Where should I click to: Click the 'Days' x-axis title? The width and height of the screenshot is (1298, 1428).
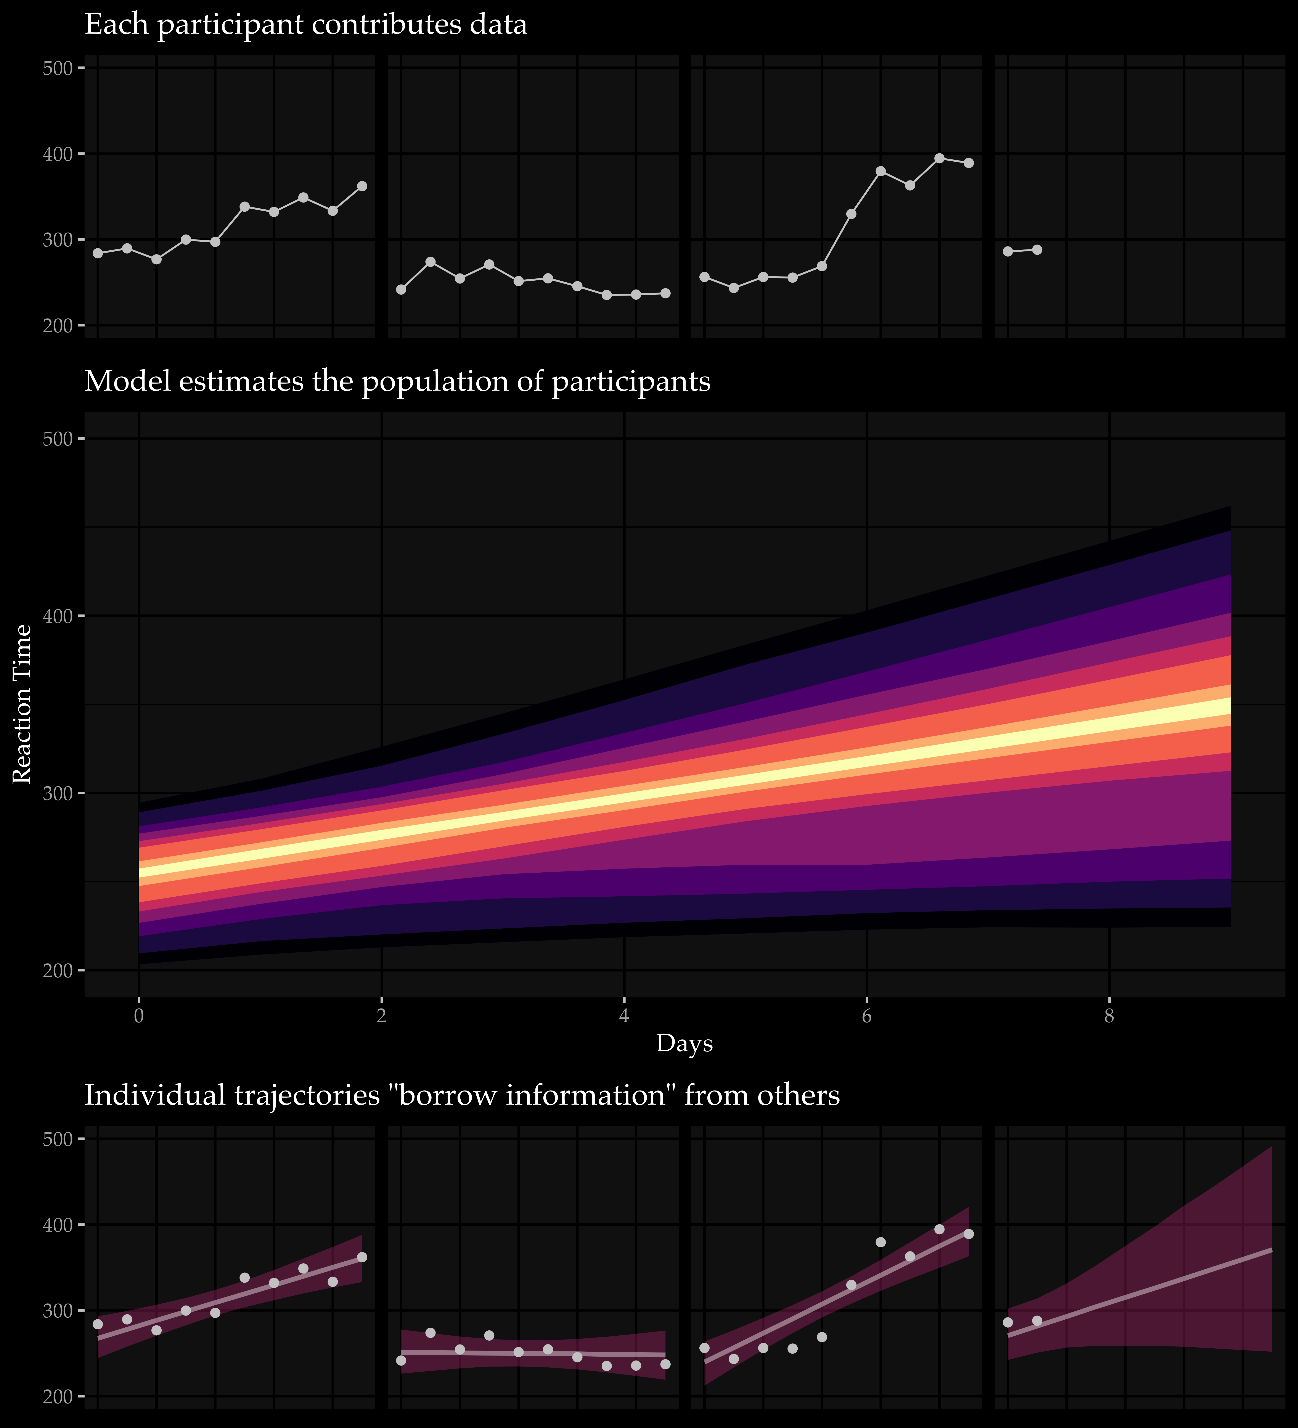(x=684, y=1043)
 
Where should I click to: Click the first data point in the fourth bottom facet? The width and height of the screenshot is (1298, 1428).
(x=1008, y=1322)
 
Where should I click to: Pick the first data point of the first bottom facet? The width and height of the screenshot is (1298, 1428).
(x=98, y=1324)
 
